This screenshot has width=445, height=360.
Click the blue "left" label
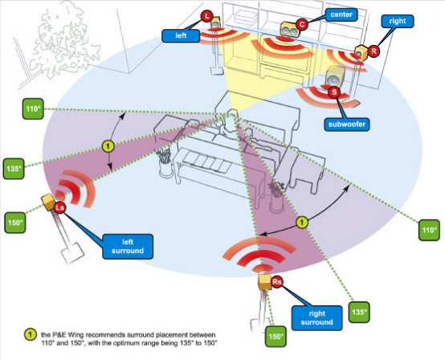181,36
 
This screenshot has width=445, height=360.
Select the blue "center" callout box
341,14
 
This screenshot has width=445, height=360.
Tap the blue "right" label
398,21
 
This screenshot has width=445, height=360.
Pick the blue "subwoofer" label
347,125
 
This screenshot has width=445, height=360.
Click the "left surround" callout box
128,247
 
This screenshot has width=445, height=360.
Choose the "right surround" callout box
316,318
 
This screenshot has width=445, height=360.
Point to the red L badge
207,16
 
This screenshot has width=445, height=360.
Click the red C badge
302,24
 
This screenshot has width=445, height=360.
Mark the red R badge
374,51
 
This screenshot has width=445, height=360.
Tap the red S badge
334,92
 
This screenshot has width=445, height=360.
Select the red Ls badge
59,208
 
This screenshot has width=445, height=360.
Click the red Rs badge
277,281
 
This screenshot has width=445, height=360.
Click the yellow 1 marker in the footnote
30,334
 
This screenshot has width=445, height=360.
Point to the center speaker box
289,29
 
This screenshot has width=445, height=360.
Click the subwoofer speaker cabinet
335,76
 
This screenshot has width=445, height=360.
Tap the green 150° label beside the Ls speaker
15,223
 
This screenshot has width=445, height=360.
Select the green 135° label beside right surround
359,312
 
